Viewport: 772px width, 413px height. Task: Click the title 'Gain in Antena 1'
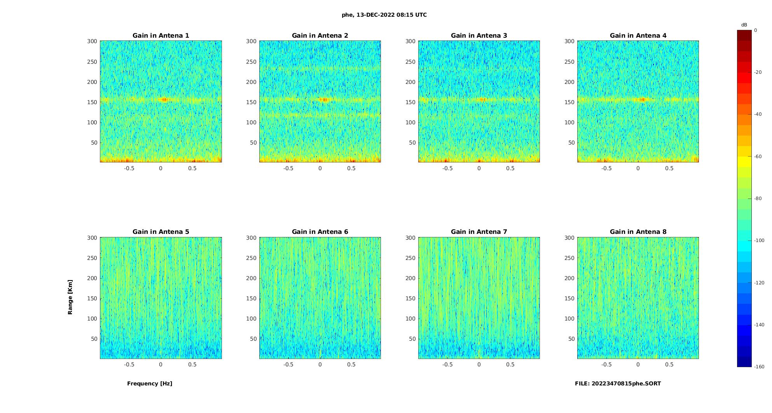pos(161,35)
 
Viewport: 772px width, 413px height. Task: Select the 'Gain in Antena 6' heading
pos(320,232)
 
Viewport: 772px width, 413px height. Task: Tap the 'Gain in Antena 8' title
pos(638,232)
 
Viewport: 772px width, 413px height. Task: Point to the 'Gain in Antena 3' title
pos(479,35)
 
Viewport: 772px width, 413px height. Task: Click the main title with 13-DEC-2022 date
pos(384,15)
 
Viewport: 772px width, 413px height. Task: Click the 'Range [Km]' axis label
pos(70,297)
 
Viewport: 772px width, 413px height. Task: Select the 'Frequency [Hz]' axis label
pos(150,383)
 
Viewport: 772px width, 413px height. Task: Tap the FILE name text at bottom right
pos(618,383)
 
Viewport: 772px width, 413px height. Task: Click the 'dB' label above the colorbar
pos(744,25)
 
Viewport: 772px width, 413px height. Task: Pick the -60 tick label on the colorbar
pos(758,157)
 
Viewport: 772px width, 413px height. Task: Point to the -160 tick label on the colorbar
pos(759,367)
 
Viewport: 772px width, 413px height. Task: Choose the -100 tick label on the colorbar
pos(759,240)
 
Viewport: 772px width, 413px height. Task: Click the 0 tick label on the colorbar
pos(756,30)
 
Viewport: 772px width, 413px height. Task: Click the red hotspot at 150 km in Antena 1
pos(164,100)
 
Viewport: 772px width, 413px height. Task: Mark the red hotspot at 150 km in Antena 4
pos(642,100)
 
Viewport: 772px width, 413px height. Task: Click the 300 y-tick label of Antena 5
pos(92,238)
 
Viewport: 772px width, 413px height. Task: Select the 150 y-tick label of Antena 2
pos(251,102)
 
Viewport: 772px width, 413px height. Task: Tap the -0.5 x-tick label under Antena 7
pos(447,364)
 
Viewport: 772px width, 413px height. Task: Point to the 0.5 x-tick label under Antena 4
pos(669,168)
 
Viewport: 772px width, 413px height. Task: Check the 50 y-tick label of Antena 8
pos(571,339)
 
